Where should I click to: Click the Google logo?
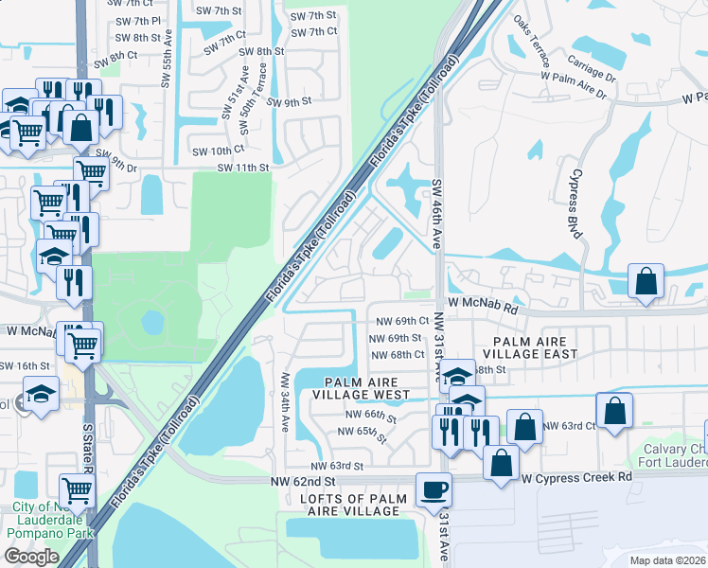pos(31,557)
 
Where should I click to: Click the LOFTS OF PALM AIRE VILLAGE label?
pos(354,505)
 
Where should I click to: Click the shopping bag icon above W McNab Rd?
pos(646,280)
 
